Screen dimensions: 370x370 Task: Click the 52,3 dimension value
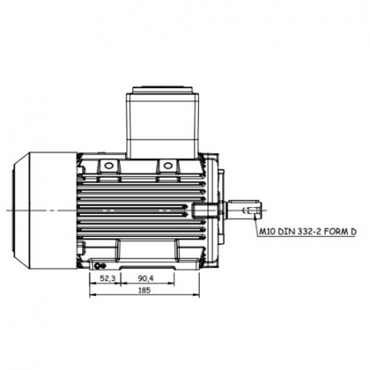(108, 279)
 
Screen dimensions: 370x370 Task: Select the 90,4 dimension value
(146, 279)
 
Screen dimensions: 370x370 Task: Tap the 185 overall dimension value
(145, 290)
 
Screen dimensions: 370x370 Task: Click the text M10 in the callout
(267, 232)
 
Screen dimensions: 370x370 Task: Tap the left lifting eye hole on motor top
(109, 166)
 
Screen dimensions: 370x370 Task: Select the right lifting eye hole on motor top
(167, 166)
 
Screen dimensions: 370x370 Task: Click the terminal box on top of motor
(163, 126)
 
